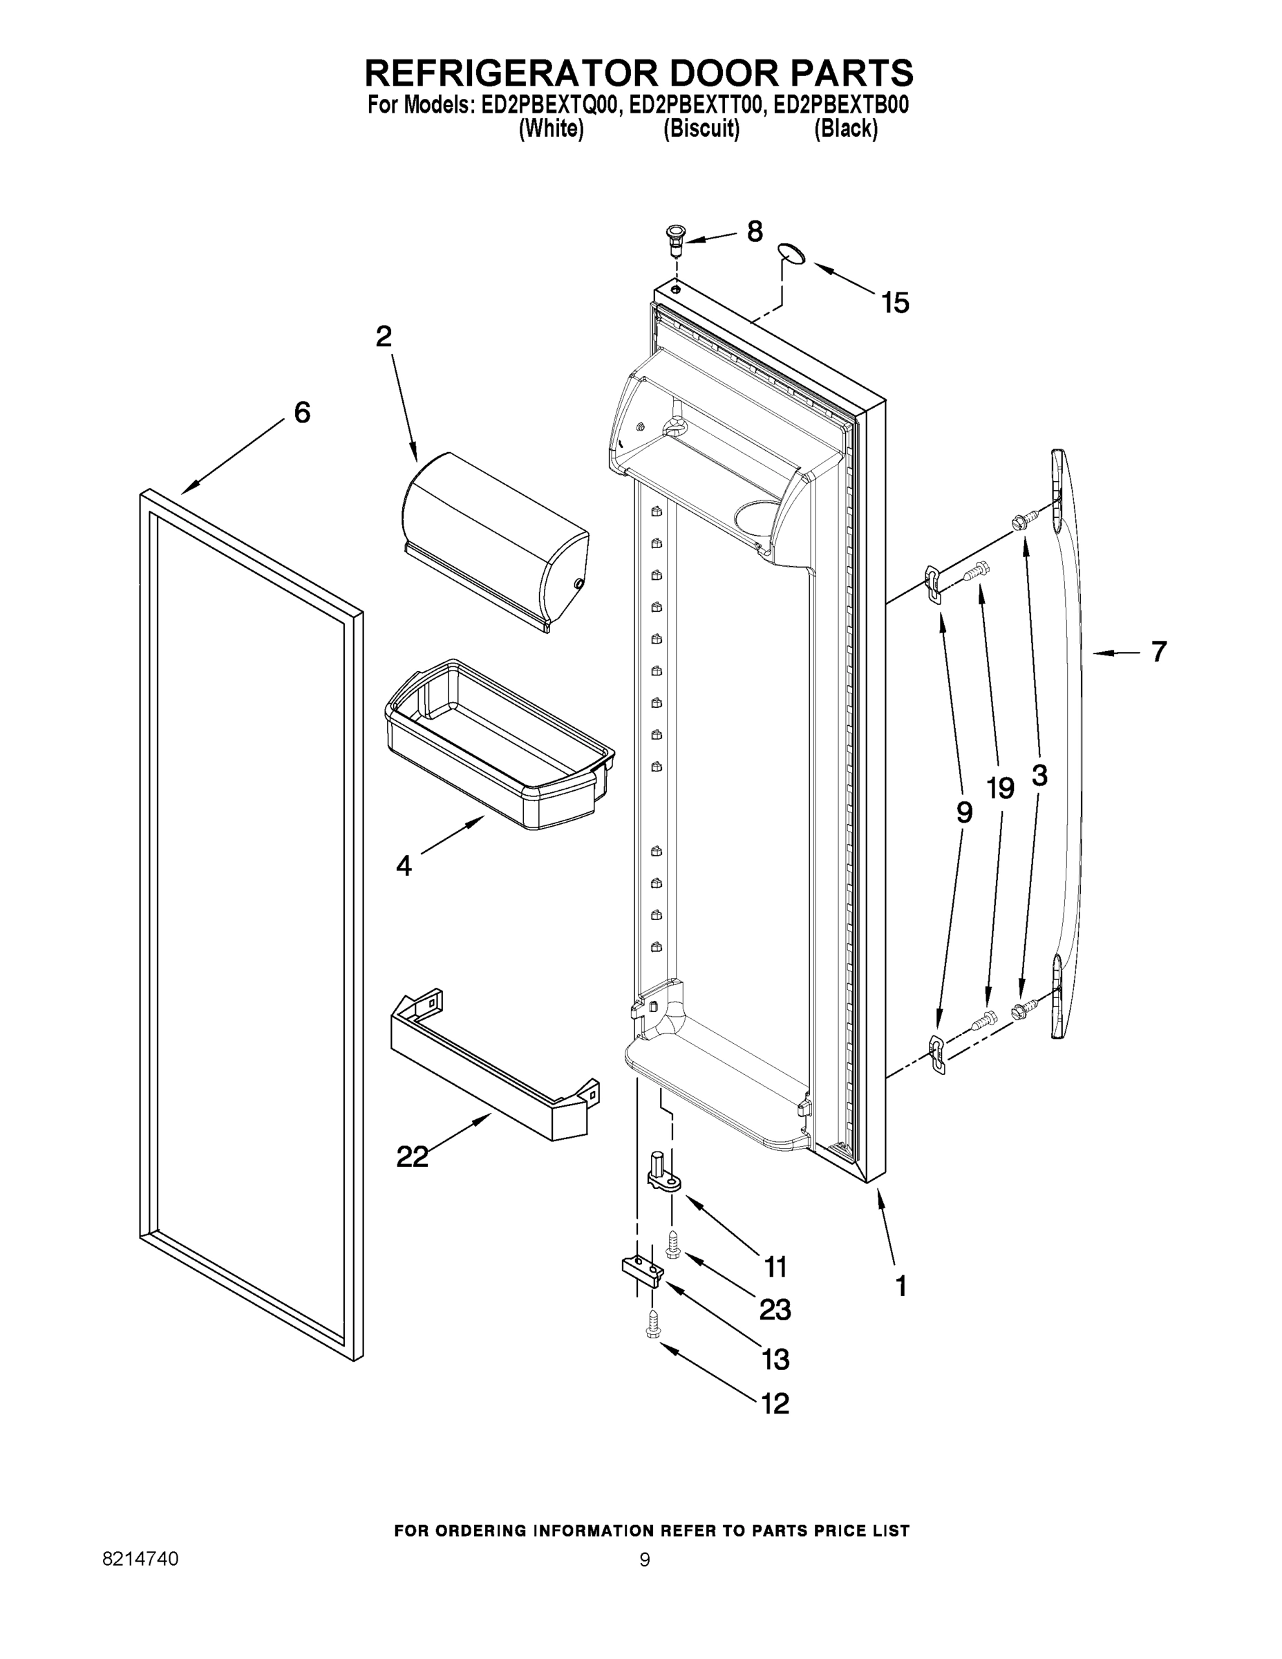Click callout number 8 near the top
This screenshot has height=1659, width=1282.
[754, 232]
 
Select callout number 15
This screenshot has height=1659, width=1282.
[896, 303]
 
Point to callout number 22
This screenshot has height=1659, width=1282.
[413, 1157]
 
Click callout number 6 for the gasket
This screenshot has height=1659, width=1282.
[302, 413]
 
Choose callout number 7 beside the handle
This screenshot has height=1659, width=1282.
[1158, 652]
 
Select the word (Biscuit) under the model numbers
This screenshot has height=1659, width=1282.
[701, 129]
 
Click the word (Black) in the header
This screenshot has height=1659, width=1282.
[846, 129]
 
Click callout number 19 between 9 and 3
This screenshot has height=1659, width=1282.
[1000, 789]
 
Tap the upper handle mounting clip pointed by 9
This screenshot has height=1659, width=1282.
[934, 584]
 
